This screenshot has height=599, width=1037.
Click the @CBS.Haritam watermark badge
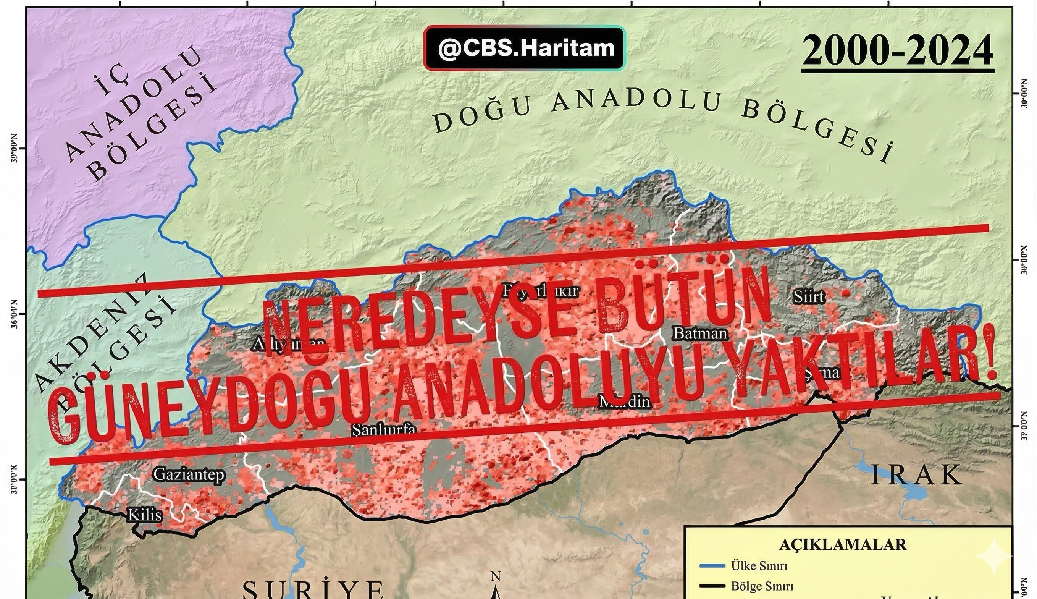(x=524, y=48)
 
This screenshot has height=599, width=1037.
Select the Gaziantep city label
(x=189, y=475)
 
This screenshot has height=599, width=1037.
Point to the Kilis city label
(x=145, y=515)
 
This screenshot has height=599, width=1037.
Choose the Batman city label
(x=700, y=333)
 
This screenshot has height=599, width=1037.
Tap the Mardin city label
(x=625, y=401)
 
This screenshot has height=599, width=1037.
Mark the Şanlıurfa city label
(x=384, y=430)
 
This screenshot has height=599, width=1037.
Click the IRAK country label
(x=916, y=476)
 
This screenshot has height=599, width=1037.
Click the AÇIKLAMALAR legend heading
(x=843, y=545)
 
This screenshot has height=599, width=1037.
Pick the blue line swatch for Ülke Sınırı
(x=712, y=566)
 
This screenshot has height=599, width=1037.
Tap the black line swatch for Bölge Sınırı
(x=712, y=586)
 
